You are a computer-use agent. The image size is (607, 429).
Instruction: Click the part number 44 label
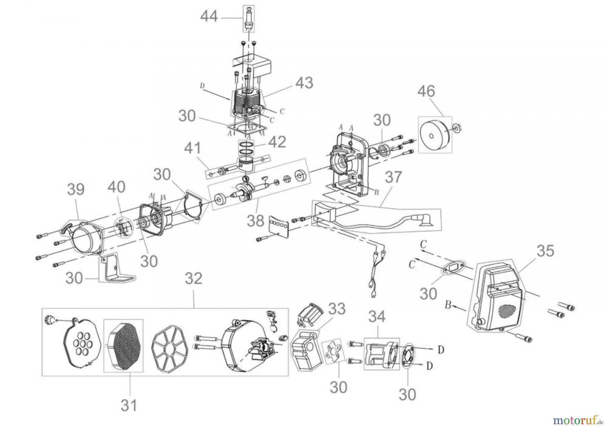pos(209,17)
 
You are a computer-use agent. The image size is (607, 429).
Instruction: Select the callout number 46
pos(426,91)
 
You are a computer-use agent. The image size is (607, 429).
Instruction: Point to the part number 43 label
pos(304,83)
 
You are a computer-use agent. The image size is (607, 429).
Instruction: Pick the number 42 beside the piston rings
pos(277,142)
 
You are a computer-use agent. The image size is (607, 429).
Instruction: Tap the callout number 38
pos(256,221)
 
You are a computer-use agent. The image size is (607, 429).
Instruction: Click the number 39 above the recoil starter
pos(76,190)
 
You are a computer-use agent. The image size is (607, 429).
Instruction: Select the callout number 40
pos(116,187)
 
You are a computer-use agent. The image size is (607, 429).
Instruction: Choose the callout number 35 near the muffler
pos(545,251)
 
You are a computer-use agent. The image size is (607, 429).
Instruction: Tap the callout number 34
pos(377,317)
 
